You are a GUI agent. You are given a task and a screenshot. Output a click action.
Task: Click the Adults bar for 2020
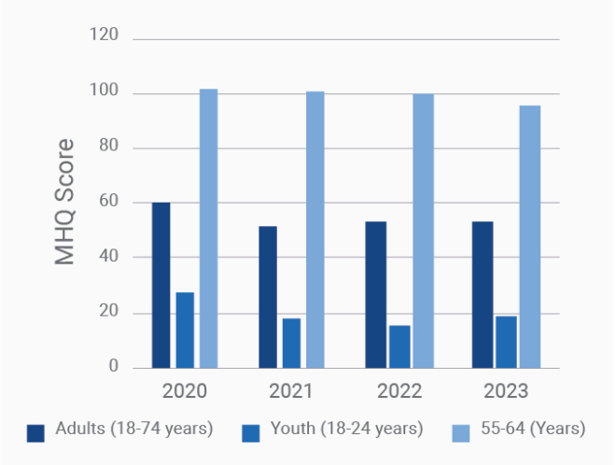point(161,285)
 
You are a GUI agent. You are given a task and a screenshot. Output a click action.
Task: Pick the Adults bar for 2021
point(268,297)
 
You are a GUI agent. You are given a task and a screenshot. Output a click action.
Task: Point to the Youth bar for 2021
point(291,343)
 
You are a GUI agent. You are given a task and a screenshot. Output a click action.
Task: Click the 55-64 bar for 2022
point(424,231)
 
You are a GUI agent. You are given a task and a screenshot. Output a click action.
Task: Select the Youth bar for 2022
point(399,346)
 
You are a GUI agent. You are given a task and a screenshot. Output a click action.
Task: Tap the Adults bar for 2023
point(483,294)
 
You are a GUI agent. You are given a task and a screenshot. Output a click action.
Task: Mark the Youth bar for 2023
point(506,342)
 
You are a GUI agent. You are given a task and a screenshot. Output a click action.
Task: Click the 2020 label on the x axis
point(185,390)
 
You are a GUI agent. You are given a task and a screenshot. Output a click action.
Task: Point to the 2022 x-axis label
point(399,390)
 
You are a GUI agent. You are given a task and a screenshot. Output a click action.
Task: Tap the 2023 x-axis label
point(506,390)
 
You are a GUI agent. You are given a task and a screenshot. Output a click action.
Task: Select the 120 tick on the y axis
point(104,35)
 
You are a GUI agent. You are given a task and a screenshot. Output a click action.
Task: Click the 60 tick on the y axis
point(109,202)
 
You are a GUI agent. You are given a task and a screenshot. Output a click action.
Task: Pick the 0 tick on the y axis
point(114,367)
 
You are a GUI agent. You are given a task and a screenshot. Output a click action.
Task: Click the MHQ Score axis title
point(64,202)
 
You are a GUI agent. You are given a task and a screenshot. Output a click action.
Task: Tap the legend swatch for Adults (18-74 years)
point(36,432)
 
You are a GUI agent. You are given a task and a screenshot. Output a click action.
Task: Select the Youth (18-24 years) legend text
point(346,430)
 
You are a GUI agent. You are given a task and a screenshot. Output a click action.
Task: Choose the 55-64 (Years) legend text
point(533,430)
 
